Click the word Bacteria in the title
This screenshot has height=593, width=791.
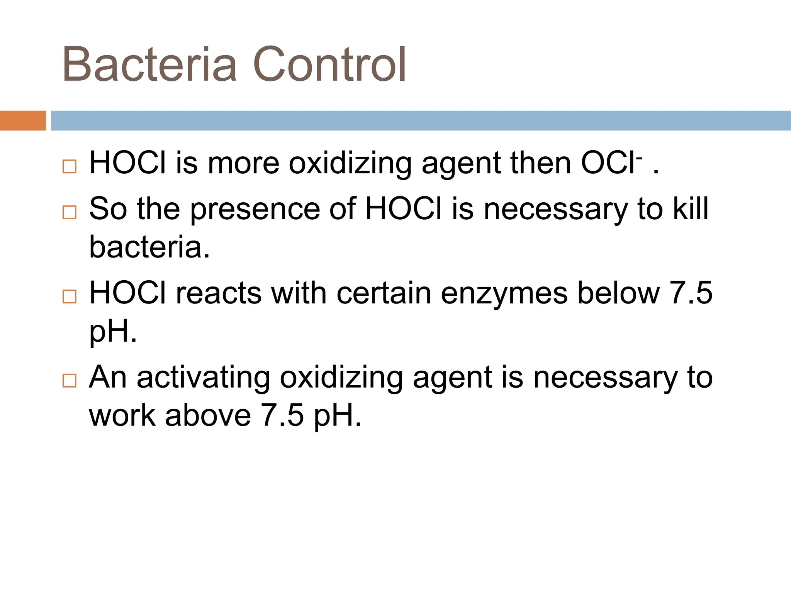pyautogui.click(x=149, y=64)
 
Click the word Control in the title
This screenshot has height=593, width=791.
pyautogui.click(x=329, y=64)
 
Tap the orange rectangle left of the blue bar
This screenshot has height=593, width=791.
pyautogui.click(x=23, y=120)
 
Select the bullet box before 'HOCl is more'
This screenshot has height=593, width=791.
pyautogui.click(x=69, y=166)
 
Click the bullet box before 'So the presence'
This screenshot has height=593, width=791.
pyautogui.click(x=69, y=212)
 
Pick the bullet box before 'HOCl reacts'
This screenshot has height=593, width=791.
pyautogui.click(x=69, y=296)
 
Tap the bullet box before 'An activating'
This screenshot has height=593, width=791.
pyautogui.click(x=69, y=380)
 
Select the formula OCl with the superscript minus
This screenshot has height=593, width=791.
pyautogui.click(x=610, y=163)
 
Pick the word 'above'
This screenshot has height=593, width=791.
pyautogui.click(x=208, y=415)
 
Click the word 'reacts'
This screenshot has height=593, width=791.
pyautogui.click(x=219, y=293)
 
